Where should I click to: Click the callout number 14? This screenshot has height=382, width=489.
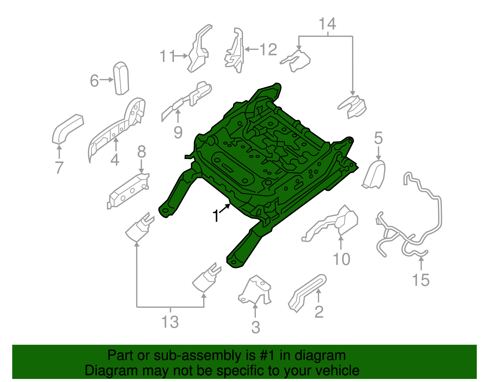click(x=327, y=24)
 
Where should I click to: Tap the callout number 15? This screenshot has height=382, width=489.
click(x=421, y=280)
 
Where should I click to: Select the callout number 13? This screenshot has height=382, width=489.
click(x=170, y=322)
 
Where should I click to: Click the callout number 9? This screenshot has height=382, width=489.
click(x=178, y=132)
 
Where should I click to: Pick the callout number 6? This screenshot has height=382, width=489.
click(x=94, y=80)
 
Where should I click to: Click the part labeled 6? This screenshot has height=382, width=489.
click(x=121, y=78)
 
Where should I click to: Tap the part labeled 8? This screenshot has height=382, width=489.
click(x=128, y=191)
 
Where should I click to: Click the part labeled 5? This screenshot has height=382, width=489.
click(x=374, y=174)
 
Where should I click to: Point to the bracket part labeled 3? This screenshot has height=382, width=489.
click(x=255, y=290)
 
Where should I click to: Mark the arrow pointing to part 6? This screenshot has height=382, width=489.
click(x=106, y=80)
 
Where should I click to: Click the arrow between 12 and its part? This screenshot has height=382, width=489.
click(x=252, y=49)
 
